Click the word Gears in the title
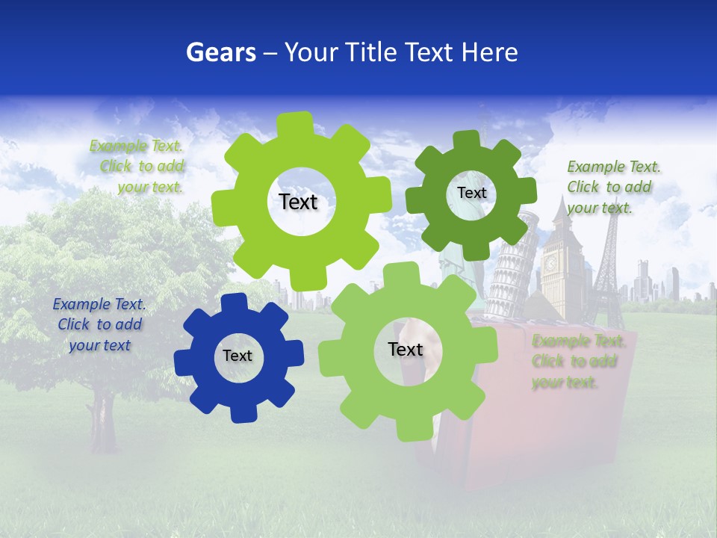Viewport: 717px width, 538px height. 221,52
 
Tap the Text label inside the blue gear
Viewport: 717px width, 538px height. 238,356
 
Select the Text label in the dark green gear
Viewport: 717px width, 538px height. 471,193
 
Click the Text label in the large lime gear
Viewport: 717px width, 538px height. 299,202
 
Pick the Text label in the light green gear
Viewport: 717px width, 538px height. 406,350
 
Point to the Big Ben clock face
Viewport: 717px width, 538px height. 551,263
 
